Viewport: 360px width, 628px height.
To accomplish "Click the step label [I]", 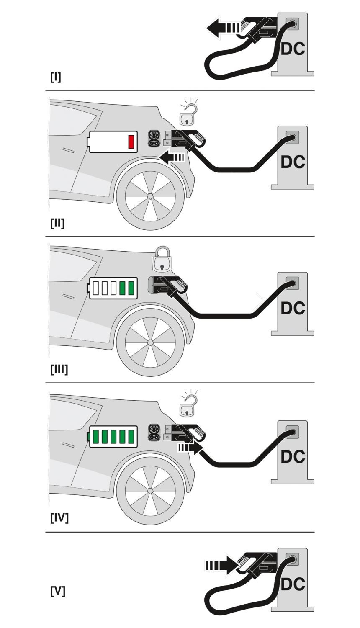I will point(55,77).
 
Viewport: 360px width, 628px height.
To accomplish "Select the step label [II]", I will point(57,223).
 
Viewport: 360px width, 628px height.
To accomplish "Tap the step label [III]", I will point(59,370).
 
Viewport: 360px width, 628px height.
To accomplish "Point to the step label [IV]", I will point(59,518).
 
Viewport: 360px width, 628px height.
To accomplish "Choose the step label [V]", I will point(57,591).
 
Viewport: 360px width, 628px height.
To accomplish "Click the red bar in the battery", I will point(131,142).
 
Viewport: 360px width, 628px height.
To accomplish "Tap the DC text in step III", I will point(293,309).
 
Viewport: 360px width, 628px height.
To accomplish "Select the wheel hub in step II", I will point(150,196).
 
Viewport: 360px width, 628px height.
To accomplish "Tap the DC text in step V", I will point(293,584).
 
